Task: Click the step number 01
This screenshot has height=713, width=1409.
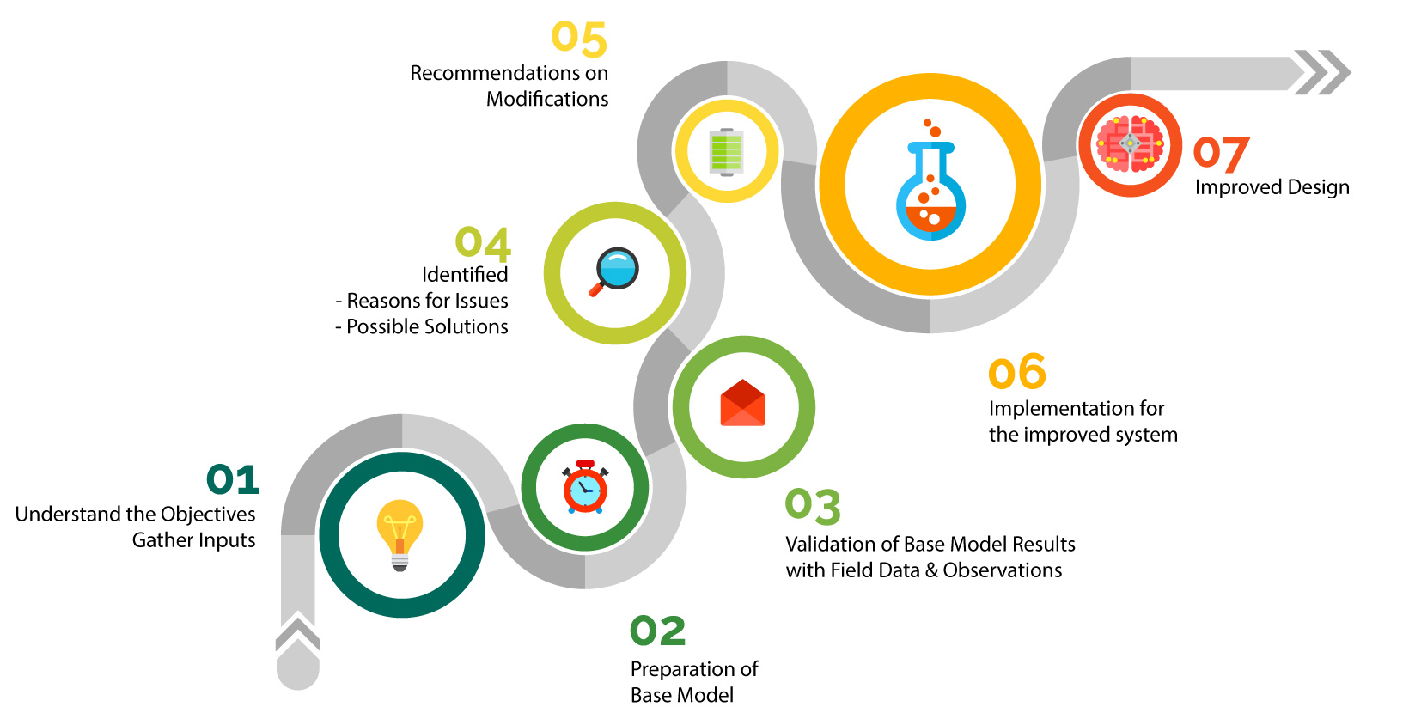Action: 233,479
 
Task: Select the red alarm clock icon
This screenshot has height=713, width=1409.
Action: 585,487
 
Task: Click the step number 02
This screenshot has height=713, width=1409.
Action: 658,631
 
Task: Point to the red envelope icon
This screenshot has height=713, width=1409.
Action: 742,405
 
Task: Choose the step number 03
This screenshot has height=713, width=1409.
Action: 813,506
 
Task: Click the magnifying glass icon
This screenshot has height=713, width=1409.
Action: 615,271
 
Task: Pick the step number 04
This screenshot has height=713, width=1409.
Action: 483,243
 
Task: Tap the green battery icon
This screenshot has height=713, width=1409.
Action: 726,152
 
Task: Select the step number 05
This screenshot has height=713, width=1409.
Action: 579,40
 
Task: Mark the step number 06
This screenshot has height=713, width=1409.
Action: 1017,372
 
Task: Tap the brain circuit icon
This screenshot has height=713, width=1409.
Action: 1130,144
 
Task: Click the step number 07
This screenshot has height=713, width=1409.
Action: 1221,154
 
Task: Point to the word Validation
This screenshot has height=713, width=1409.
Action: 828,545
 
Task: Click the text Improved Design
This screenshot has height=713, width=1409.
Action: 1272,187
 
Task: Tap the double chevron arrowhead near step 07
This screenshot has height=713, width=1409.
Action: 1323,72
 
